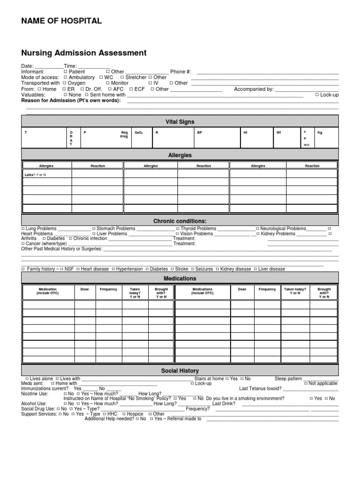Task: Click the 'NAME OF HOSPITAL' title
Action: (61, 21)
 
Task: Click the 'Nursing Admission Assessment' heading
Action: (84, 53)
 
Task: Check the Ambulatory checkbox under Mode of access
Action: (66, 77)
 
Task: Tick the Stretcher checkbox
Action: (122, 77)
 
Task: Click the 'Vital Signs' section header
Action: (180, 122)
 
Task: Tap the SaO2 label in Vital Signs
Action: (138, 133)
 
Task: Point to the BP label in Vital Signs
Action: (200, 133)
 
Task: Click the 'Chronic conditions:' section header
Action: (180, 221)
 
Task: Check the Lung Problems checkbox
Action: (23, 228)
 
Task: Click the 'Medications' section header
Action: (180, 278)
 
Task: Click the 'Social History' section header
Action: (180, 371)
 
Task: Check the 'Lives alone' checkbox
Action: (27, 378)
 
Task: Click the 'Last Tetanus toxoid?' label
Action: (260, 389)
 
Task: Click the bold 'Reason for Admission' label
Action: (71, 100)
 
